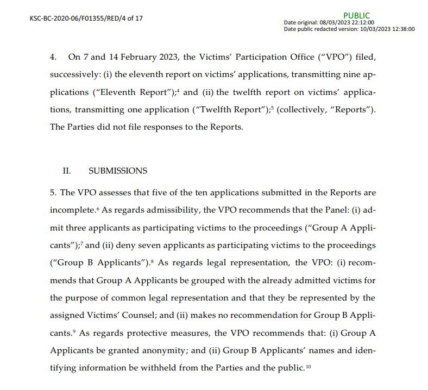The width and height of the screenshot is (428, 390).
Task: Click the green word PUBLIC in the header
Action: (357, 16)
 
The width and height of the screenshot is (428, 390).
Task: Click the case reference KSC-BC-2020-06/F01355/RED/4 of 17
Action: (86, 18)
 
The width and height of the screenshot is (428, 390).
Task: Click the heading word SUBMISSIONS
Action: (118, 170)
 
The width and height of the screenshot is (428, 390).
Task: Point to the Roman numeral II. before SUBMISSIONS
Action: (67, 170)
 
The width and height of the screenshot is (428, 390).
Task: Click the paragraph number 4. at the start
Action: (53, 56)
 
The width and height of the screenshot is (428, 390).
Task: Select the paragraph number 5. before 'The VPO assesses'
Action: (53, 193)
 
